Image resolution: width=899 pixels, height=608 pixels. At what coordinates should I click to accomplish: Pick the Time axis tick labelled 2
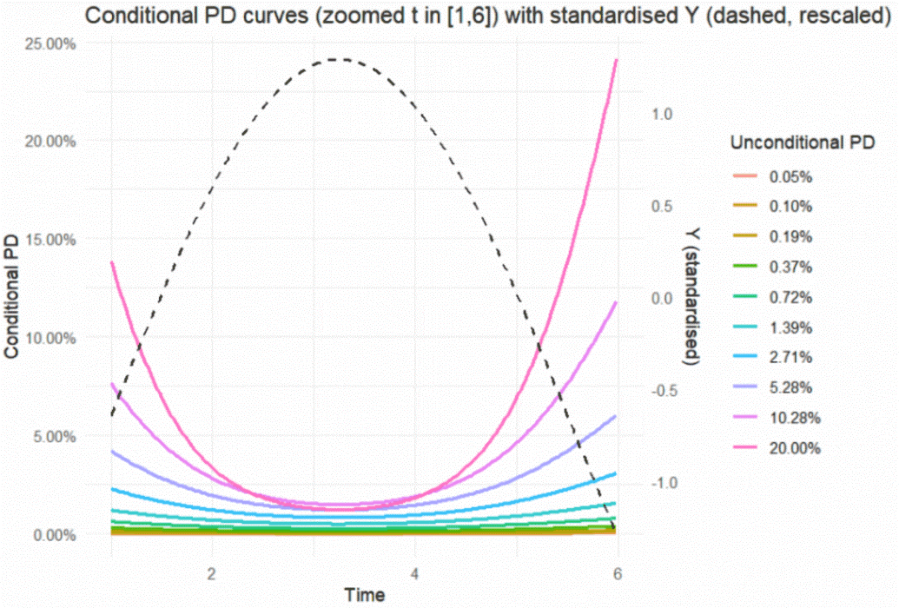pos(212,574)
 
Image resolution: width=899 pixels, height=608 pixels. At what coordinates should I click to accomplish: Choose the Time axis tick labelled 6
pos(618,574)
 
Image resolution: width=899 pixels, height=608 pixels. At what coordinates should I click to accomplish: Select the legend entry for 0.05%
pos(790,176)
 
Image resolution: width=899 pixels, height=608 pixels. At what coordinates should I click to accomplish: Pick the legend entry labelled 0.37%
pos(790,267)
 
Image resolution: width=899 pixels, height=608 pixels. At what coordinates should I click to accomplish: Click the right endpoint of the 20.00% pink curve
pos(618,60)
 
